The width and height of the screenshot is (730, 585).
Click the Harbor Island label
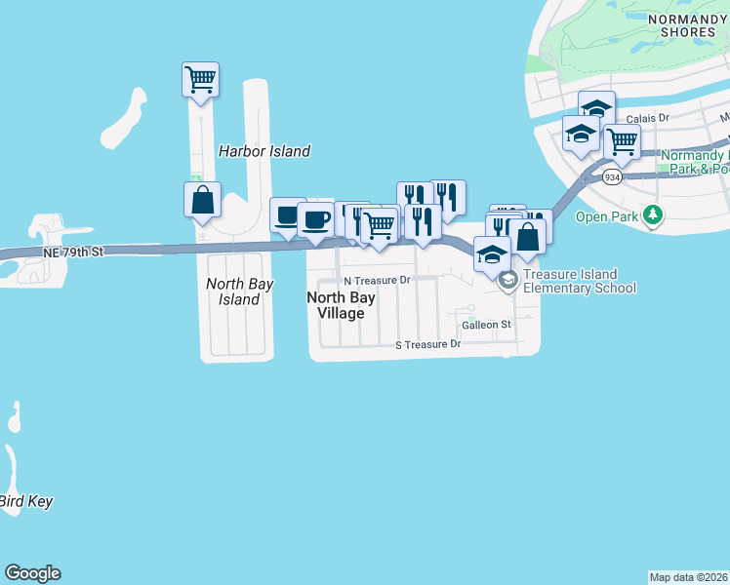coord(264,151)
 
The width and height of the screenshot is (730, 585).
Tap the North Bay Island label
coord(233,292)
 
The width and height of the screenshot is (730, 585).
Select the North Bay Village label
coord(336,305)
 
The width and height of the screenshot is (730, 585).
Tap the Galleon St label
coord(487,325)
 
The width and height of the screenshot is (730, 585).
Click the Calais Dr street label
coord(647,118)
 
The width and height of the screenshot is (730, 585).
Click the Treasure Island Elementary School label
coord(580,282)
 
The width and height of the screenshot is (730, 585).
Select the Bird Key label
coord(25,502)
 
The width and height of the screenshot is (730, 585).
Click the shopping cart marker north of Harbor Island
coord(200,80)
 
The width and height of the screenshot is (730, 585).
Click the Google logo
coord(32,573)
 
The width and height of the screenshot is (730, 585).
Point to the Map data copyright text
coord(689,577)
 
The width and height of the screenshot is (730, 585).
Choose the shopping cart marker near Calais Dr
coord(621,142)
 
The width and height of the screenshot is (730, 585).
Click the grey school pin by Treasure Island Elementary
coord(507,281)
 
